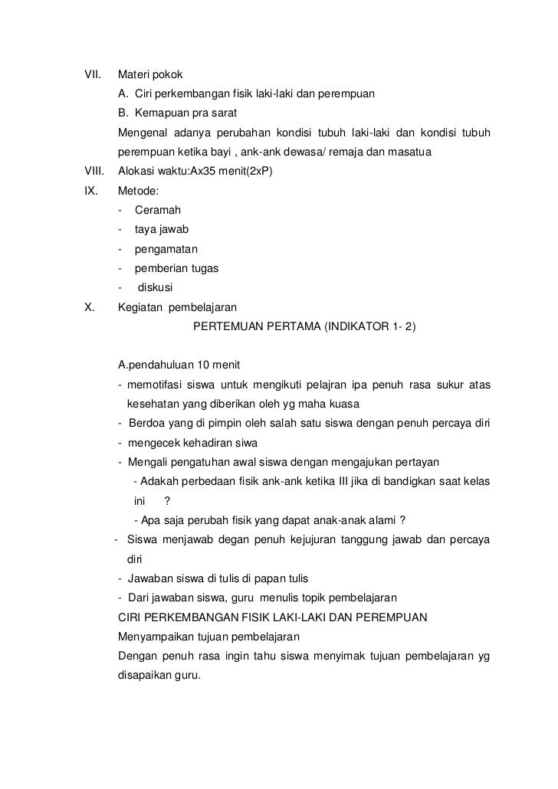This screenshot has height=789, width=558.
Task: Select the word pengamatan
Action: tap(166, 249)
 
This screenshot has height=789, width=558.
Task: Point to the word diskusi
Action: tap(155, 288)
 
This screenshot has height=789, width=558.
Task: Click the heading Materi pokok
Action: tap(150, 75)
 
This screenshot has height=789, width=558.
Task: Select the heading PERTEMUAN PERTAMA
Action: tap(255, 326)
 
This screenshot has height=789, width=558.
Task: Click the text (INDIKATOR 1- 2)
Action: tap(369, 326)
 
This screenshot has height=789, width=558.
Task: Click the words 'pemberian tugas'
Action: tap(176, 268)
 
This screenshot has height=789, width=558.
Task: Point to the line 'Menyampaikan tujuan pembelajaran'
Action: tap(208, 637)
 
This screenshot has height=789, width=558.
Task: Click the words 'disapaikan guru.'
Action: tap(159, 676)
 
